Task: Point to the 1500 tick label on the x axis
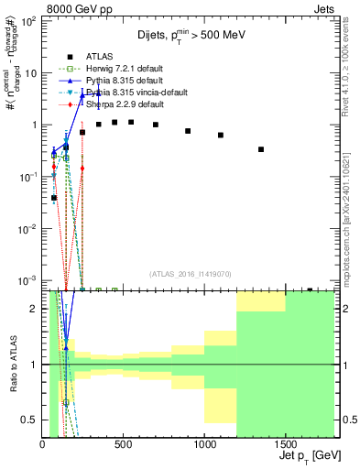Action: click(286, 443)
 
